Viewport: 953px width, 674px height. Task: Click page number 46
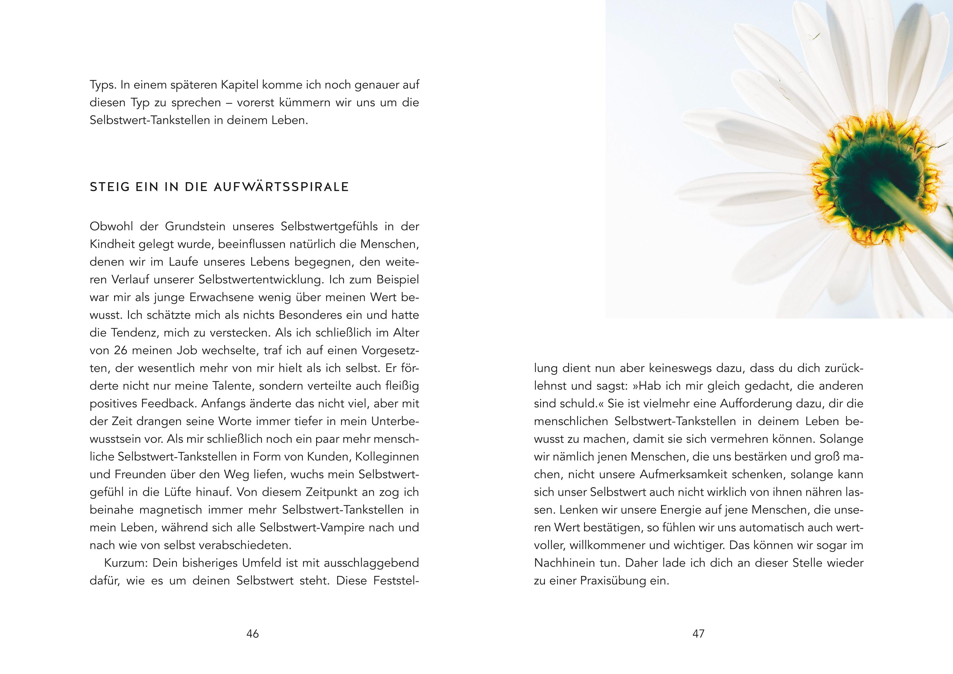(x=252, y=634)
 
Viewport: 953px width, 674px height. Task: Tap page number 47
(x=698, y=634)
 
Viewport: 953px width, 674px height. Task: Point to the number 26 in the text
(x=120, y=350)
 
